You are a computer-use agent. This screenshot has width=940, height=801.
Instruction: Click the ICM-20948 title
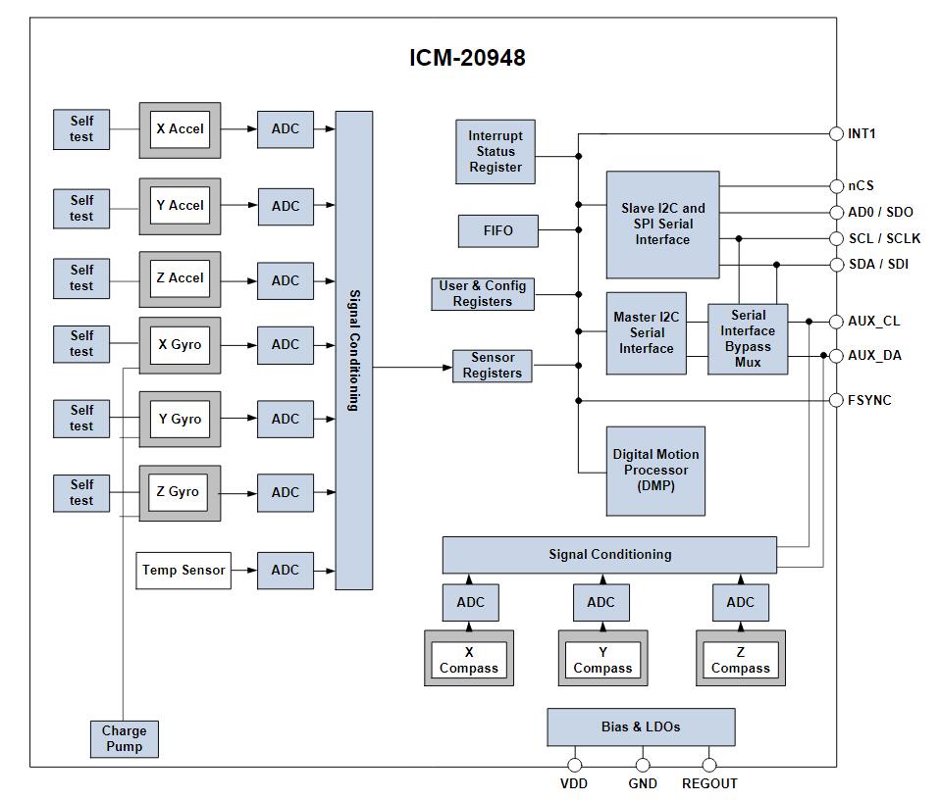(x=467, y=58)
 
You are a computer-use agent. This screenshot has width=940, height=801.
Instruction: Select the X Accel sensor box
(x=180, y=129)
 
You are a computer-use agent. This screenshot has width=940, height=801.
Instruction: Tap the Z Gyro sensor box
(x=180, y=492)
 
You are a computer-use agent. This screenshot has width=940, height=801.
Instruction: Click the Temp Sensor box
(x=183, y=570)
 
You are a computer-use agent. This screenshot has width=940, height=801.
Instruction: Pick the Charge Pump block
(x=124, y=738)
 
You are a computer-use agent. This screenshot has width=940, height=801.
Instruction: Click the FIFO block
(x=497, y=231)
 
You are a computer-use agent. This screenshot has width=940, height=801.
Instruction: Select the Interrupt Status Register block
(x=496, y=152)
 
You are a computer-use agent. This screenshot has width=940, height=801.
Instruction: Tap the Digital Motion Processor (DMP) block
(x=655, y=471)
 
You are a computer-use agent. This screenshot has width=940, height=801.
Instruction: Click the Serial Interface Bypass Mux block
(x=748, y=338)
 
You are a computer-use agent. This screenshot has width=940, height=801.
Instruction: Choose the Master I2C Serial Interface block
(x=646, y=333)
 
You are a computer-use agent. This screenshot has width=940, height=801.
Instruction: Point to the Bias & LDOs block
(x=640, y=727)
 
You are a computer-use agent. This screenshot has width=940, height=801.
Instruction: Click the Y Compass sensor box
(x=602, y=659)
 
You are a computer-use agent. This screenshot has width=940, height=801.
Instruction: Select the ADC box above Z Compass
(x=740, y=602)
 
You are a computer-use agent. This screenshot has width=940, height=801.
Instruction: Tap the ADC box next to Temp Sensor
(x=286, y=570)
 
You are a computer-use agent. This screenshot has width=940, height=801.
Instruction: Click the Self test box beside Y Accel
(x=81, y=208)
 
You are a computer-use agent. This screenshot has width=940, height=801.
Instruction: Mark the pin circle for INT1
(x=836, y=134)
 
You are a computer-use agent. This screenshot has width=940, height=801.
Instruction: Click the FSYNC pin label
(x=869, y=400)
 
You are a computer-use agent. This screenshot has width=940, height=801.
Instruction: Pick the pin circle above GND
(x=642, y=765)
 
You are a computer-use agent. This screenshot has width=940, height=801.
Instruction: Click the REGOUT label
(x=709, y=783)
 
